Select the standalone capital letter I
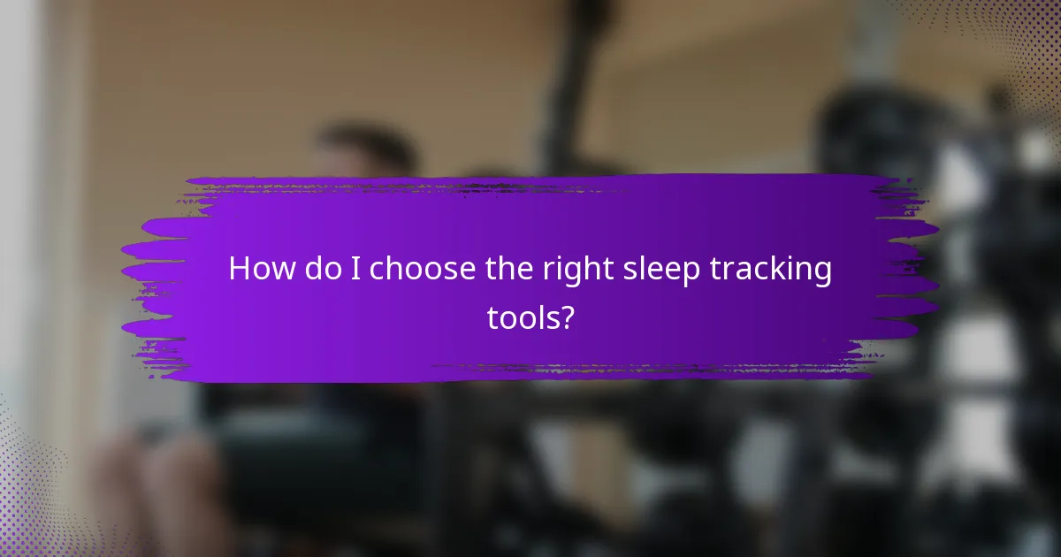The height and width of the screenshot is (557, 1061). coord(355,269)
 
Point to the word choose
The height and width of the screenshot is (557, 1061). coord(423,269)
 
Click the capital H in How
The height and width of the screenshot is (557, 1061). coord(240,269)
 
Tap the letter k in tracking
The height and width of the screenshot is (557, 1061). coord(785,269)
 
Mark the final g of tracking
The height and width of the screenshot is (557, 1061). coord(821,273)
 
